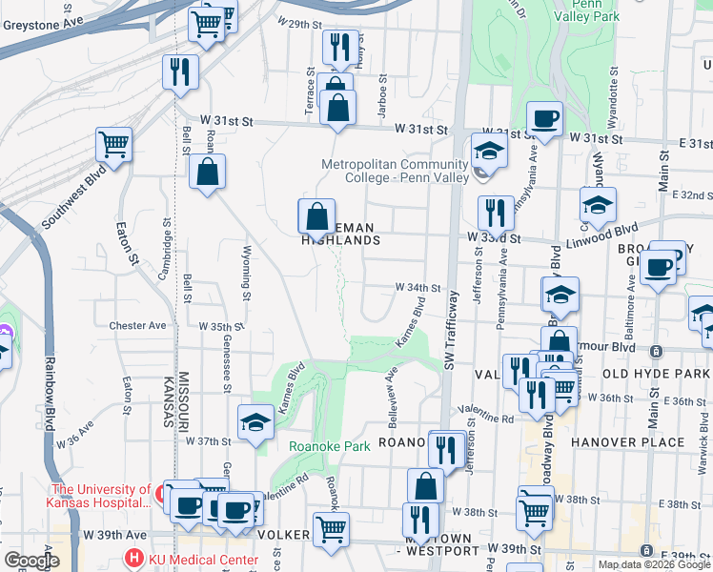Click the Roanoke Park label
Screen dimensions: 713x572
(329, 445)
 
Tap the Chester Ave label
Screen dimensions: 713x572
(137, 325)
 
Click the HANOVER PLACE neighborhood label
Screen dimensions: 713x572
(628, 442)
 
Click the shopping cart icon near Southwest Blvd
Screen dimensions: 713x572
(113, 145)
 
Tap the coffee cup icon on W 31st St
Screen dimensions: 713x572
(544, 118)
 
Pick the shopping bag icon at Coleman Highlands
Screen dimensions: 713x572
(316, 217)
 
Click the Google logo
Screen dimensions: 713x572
(31, 560)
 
